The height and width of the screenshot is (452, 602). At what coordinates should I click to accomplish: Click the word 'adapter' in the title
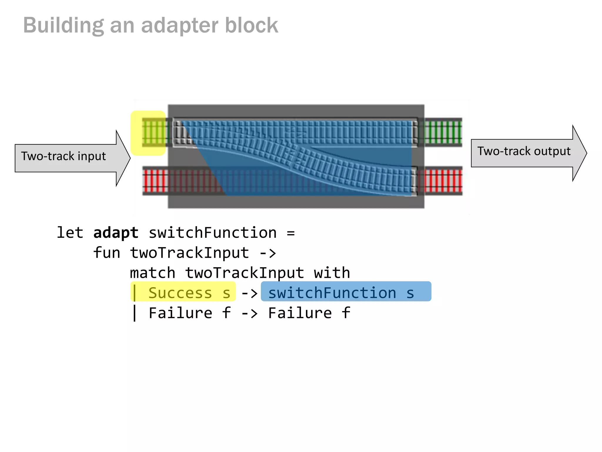[180, 26]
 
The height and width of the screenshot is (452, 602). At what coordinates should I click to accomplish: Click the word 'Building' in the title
[63, 26]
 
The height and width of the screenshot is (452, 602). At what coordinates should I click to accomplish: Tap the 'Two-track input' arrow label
[63, 156]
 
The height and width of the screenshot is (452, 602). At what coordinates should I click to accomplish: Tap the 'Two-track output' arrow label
[524, 151]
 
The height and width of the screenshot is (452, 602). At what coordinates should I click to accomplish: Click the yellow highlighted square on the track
[148, 133]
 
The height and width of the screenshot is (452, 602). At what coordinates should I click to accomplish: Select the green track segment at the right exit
[443, 132]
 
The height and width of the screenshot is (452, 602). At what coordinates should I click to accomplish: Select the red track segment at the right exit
[443, 181]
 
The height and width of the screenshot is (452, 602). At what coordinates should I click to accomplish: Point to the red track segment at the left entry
[155, 181]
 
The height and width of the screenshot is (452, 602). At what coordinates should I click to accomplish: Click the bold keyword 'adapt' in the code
[116, 233]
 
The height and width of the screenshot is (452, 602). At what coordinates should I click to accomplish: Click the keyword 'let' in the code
[70, 233]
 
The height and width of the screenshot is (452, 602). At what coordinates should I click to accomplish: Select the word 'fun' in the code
[106, 253]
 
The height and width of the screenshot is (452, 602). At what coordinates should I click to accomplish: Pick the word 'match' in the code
[153, 273]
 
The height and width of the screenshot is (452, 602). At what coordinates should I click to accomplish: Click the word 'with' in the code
[332, 273]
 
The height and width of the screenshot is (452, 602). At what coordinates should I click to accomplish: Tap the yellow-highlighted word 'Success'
[180, 293]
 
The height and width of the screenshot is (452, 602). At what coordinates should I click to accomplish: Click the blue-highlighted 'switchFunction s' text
[341, 293]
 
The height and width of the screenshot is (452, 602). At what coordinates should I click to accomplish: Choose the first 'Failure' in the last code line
[180, 313]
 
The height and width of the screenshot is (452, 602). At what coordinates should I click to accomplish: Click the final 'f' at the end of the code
[346, 313]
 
